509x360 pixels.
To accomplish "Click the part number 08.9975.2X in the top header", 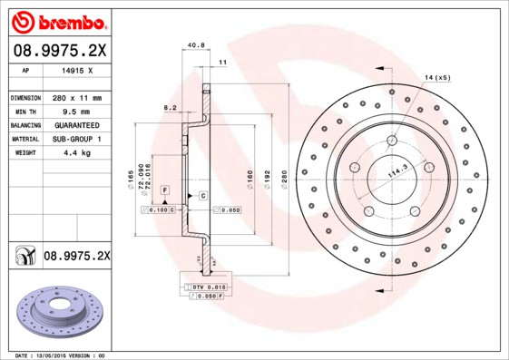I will [x=59, y=52].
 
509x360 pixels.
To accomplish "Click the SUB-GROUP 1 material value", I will [x=75, y=139].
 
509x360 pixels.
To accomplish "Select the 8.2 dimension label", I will [x=169, y=107].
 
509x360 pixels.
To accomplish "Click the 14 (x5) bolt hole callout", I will [x=438, y=79].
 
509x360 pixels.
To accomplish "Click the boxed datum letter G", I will [x=203, y=196].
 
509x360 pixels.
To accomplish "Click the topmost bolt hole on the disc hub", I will [x=392, y=141].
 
